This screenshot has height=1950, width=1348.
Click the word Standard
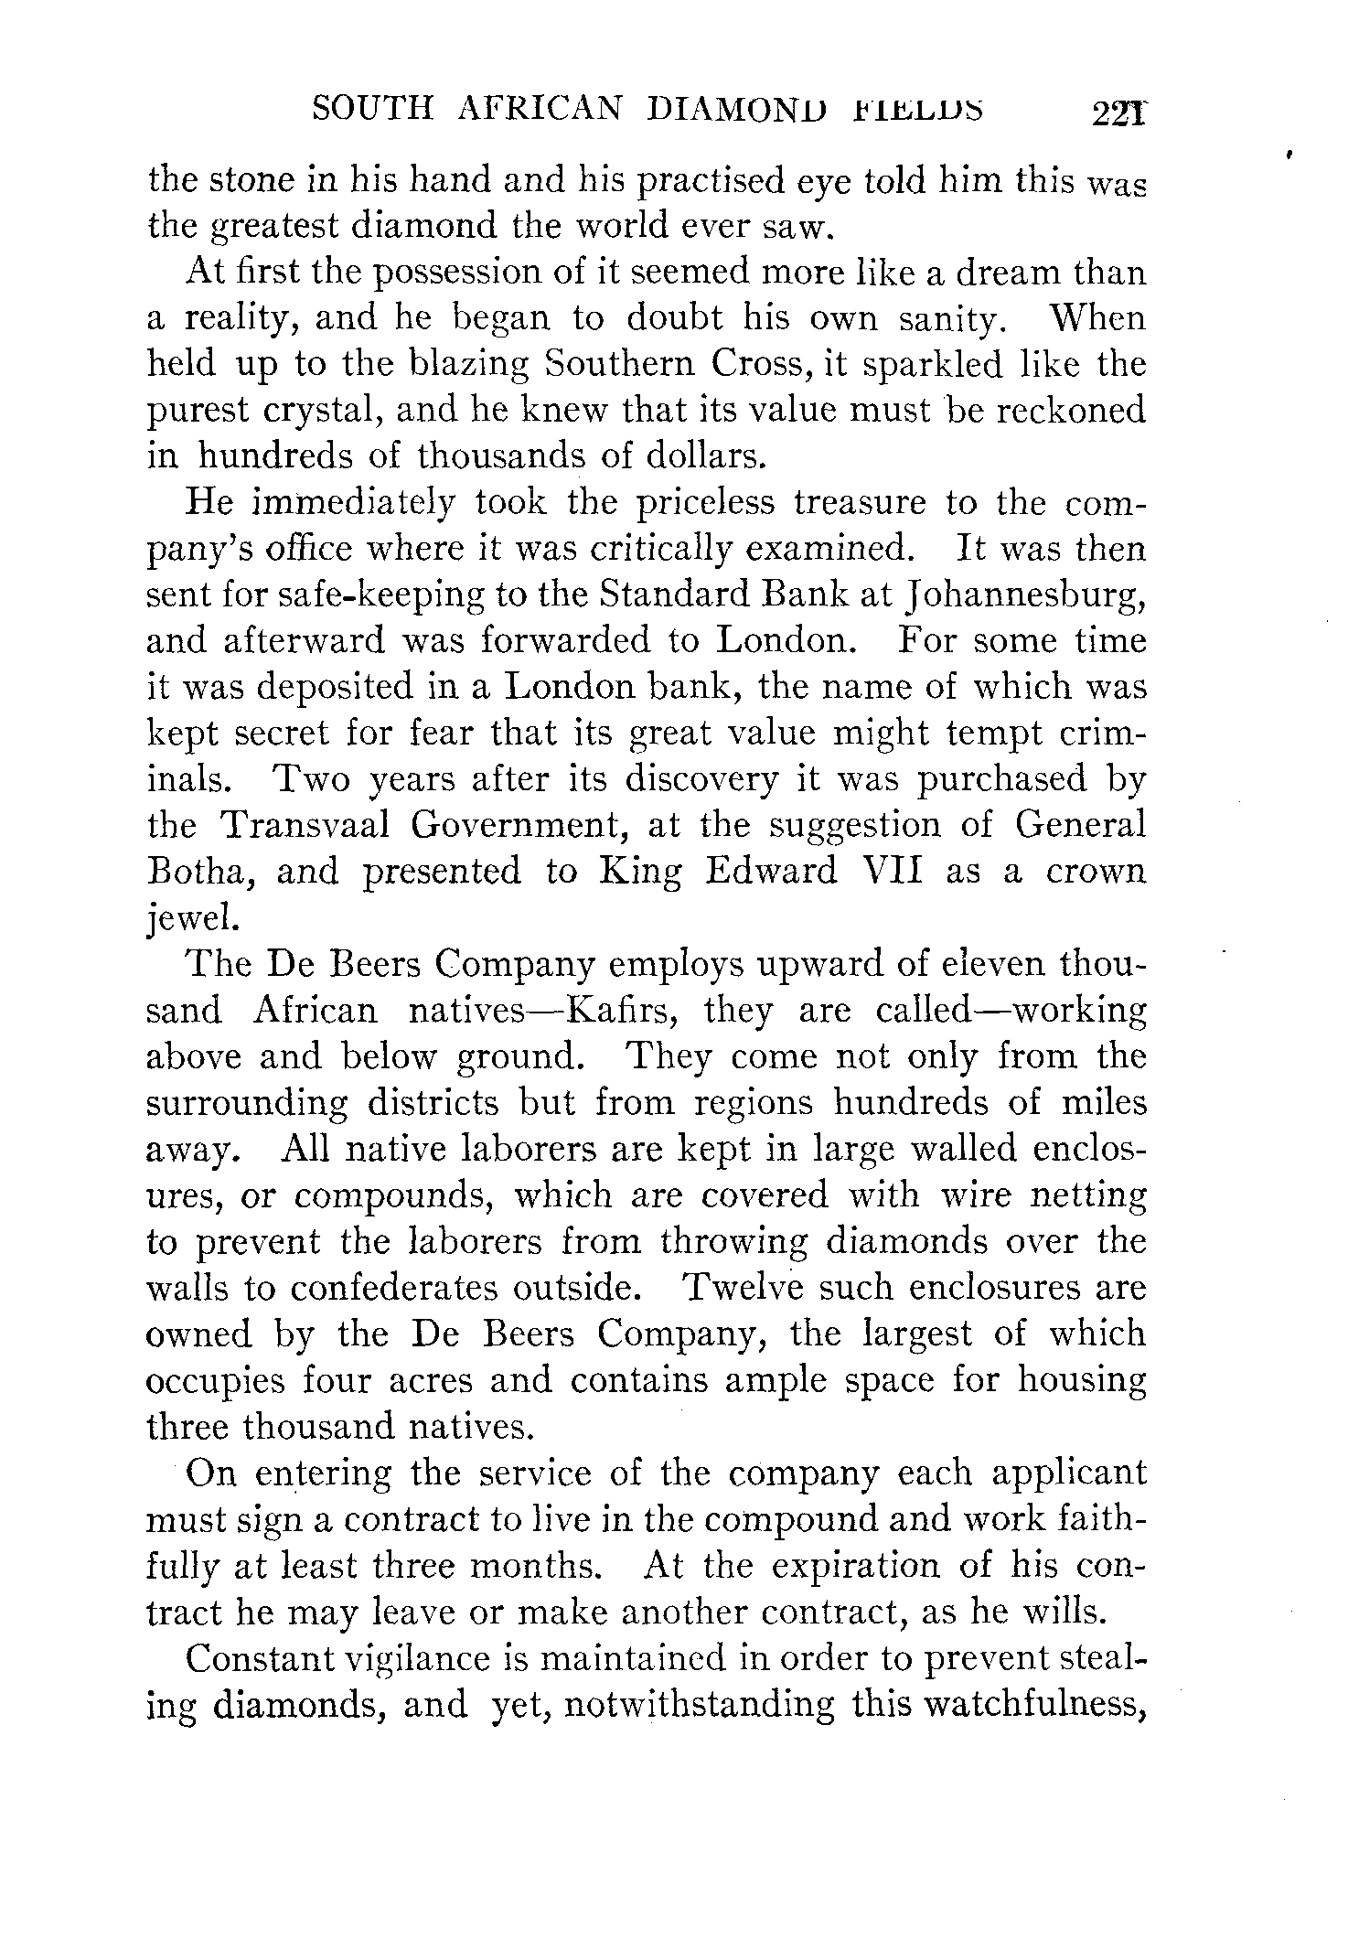coord(672,595)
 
